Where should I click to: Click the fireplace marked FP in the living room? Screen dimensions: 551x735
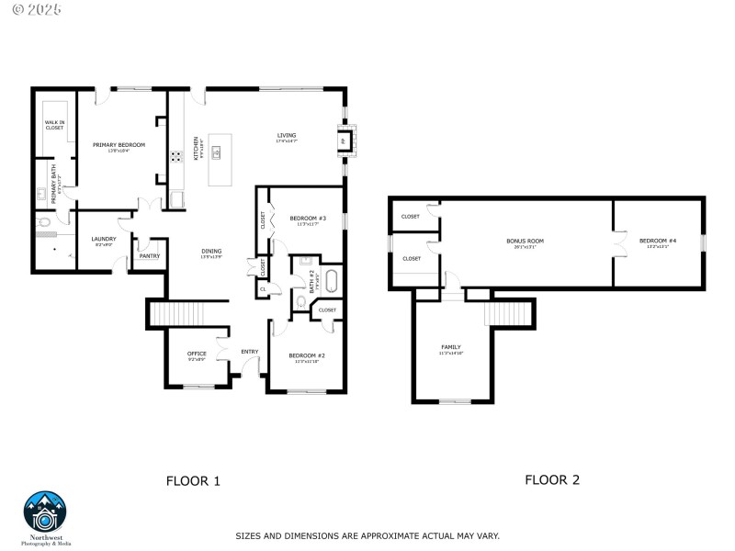coord(344,141)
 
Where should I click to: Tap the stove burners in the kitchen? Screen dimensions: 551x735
coord(175,156)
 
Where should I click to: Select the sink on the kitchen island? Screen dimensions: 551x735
coord(219,152)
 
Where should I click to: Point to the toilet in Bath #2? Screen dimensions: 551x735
coord(301,302)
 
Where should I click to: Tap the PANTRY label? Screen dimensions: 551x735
coord(149,256)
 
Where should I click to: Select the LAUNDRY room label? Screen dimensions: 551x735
coord(104,240)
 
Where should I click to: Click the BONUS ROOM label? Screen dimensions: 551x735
coord(526,242)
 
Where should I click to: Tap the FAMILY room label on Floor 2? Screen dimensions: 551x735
coord(451,347)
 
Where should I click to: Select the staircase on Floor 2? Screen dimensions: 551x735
coord(509,314)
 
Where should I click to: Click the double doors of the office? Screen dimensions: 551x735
coord(220,351)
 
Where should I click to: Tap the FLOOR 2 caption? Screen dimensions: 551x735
coord(551,479)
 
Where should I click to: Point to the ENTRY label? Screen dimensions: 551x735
coord(249,351)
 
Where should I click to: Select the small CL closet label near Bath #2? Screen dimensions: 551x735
coord(263,288)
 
